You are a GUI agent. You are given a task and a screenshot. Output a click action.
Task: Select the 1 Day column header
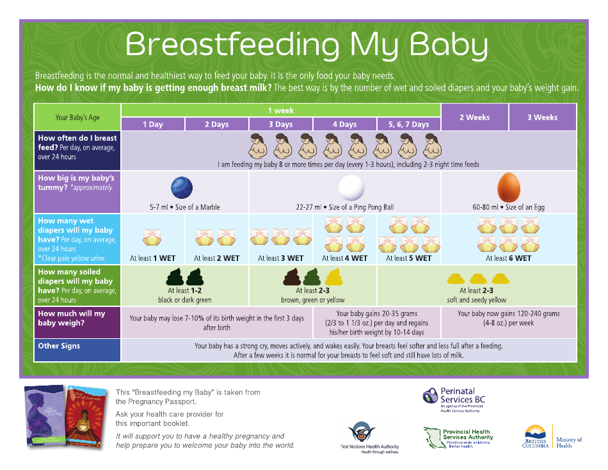tap(153, 124)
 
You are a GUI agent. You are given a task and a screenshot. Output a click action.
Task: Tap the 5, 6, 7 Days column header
tap(409, 124)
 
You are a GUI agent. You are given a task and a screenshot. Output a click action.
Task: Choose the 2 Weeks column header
tap(475, 117)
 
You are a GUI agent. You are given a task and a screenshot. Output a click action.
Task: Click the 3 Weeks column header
tap(542, 117)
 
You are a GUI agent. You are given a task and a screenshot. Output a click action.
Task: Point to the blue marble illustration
tap(182, 188)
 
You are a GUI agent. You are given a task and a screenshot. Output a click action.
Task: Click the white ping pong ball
tap(351, 188)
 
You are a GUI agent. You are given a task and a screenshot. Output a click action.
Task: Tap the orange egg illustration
tap(508, 187)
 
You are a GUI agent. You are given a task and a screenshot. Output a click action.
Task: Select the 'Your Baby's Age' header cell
tap(77, 117)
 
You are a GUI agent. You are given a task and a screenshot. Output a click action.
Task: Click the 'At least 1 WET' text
tap(152, 258)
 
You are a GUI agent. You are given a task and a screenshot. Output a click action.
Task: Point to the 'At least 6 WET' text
tap(509, 258)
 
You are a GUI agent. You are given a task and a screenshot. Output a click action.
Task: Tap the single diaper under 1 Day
tap(152, 237)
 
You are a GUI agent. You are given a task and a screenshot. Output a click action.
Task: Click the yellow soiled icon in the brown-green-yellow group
tap(333, 277)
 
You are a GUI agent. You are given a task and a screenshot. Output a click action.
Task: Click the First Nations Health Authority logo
tap(369, 437)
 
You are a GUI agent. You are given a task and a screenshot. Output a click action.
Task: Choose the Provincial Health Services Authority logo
tap(458, 438)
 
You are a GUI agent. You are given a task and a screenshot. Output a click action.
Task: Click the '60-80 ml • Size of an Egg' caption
tap(509, 207)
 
